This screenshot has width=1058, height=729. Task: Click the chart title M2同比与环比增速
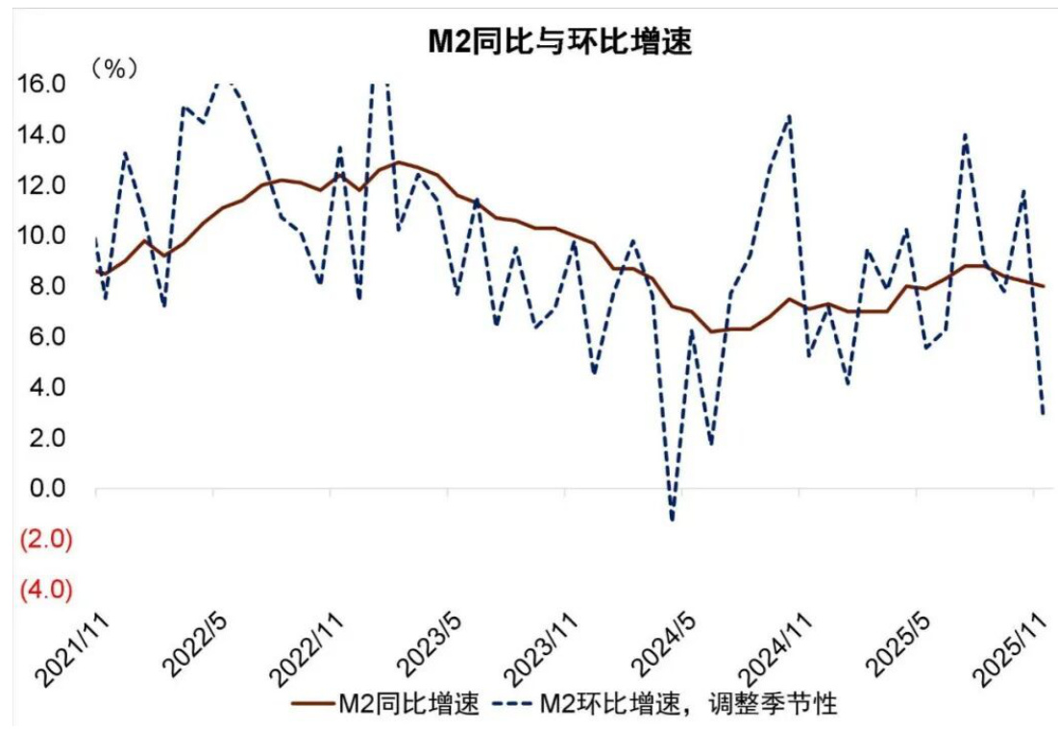pos(559,41)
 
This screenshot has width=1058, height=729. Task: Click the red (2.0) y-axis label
pos(40,540)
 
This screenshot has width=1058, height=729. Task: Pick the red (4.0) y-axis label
pos(40,590)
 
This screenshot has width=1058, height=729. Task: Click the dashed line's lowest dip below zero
pos(672,520)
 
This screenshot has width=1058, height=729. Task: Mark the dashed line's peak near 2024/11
pos(789,116)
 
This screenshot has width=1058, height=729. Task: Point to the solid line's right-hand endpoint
pos(1044,286)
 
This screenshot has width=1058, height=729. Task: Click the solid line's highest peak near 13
pos(398,162)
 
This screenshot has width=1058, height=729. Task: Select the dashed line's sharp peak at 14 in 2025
pos(965,135)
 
